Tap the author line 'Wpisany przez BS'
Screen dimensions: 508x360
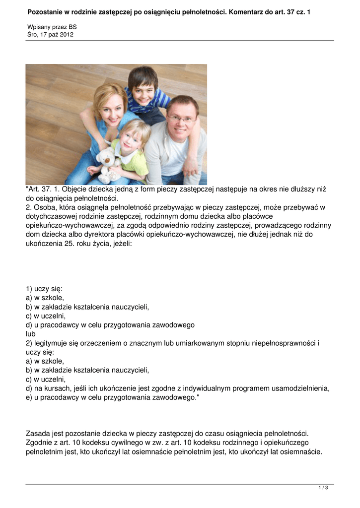tap(52, 27)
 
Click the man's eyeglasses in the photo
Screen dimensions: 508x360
tap(181, 119)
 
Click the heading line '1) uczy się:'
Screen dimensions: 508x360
tap(44, 288)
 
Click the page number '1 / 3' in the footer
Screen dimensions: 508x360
tap(323, 488)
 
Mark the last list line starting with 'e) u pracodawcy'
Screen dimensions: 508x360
tap(112, 398)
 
